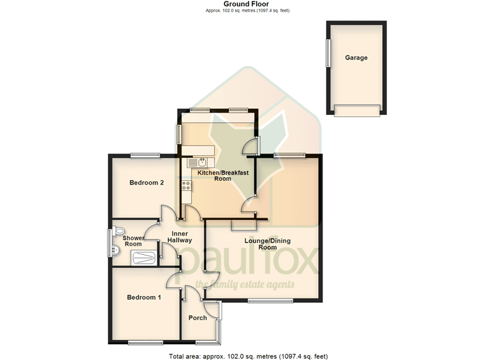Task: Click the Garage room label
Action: tap(356, 58)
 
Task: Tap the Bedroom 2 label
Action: tap(147, 183)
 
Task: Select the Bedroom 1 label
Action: tap(144, 297)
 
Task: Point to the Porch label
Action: tap(198, 318)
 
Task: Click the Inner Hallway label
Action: tap(180, 237)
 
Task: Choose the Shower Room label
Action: tap(133, 241)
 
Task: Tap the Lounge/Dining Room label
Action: tap(268, 244)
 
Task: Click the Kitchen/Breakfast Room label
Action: tap(223, 175)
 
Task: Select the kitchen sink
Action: tap(197, 163)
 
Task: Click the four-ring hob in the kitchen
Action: tap(186, 186)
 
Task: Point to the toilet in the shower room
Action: tap(119, 230)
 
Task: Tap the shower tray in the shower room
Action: tap(144, 258)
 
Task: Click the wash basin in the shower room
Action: tap(116, 250)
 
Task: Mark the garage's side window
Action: tap(328, 53)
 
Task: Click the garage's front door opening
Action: tap(357, 111)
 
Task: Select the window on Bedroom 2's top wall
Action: tap(145, 155)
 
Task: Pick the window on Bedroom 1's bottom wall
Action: tap(145, 343)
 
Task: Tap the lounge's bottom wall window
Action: tap(270, 301)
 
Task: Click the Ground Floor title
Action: tap(246, 4)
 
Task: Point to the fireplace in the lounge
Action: tap(244, 225)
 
